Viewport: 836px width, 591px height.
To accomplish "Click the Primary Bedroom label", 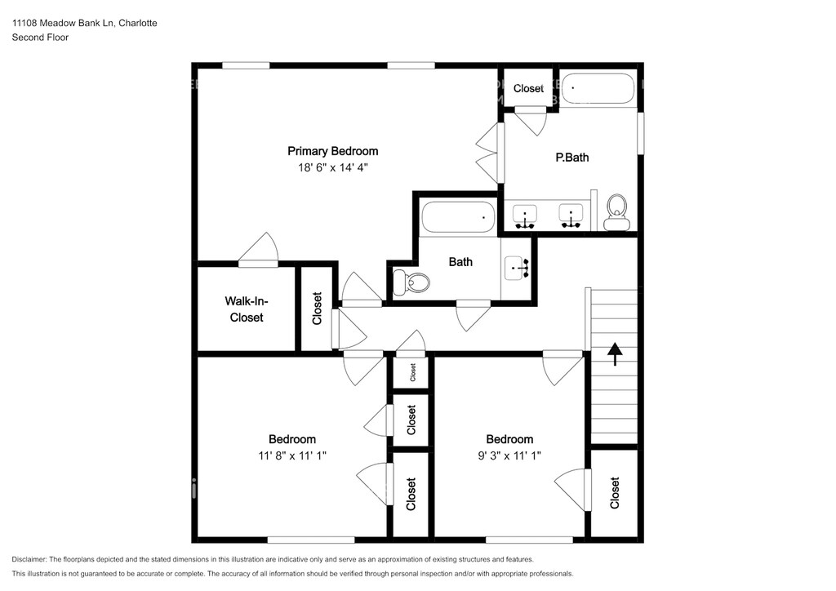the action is [333, 151].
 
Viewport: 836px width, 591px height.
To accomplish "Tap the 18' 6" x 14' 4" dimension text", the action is [333, 168].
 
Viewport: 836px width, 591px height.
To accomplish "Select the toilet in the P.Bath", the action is [616, 212].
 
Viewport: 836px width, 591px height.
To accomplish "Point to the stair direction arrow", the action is [616, 353].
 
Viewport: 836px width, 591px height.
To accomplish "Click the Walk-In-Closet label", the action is [247, 309].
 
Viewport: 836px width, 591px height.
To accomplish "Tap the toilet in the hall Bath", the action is [411, 282].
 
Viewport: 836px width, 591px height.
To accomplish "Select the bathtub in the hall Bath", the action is [459, 217].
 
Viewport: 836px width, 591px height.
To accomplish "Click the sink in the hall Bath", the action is [517, 268].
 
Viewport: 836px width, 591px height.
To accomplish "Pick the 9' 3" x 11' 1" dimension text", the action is [509, 455].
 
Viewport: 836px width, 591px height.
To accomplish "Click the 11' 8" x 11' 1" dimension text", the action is [292, 455].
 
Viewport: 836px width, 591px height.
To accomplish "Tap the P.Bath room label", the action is [572, 158].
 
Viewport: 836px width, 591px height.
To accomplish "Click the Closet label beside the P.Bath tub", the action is [528, 88].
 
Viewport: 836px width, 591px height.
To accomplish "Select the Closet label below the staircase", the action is [615, 493].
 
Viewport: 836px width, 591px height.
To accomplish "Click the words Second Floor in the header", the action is [40, 38].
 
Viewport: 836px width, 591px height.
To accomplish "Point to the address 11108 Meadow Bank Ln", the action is [63, 23].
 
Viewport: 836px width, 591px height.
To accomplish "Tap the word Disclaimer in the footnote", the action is [29, 559].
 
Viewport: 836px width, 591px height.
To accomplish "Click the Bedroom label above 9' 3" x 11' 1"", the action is [509, 439].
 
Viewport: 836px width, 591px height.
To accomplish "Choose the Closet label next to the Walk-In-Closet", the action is [318, 308].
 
